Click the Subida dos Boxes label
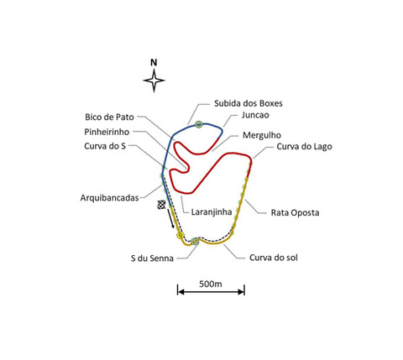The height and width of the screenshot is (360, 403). [x=249, y=103]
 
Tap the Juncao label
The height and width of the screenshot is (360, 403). [x=255, y=115]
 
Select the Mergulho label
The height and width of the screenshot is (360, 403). [x=262, y=135]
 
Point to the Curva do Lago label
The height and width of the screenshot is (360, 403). [x=304, y=147]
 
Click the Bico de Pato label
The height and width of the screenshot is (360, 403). [x=109, y=117]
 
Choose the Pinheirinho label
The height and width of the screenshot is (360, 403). [x=107, y=132]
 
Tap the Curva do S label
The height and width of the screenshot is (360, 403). [x=105, y=146]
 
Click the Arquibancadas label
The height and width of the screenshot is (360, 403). [x=109, y=198]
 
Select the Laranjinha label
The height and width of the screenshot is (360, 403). [x=212, y=212]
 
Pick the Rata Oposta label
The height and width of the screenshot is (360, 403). [x=295, y=212]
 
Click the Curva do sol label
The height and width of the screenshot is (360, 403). [x=274, y=258]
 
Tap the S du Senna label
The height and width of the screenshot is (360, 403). [x=152, y=258]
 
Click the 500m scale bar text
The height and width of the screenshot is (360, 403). [x=211, y=284]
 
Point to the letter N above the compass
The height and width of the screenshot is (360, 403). [x=154, y=63]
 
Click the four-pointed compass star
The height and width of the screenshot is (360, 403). [x=154, y=81]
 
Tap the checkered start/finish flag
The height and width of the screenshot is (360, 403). [x=161, y=205]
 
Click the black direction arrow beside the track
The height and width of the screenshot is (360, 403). [x=170, y=218]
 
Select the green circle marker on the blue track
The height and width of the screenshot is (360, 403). [x=198, y=124]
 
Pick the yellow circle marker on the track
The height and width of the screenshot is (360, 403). [x=180, y=235]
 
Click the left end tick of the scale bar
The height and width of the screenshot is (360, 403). [x=178, y=290]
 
